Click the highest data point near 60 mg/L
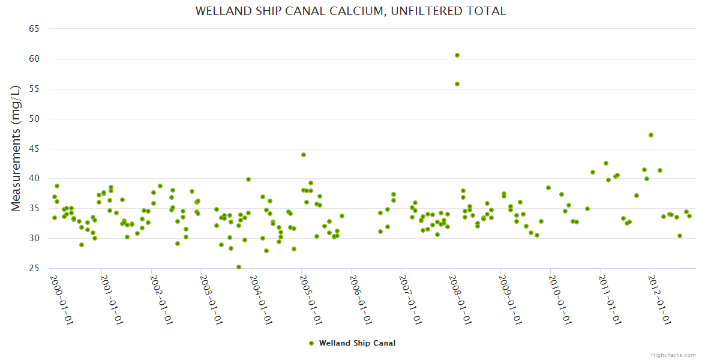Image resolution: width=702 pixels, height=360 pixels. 457,55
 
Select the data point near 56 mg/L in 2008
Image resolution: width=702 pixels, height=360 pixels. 457,84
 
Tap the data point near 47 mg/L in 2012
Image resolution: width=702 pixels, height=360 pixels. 651,135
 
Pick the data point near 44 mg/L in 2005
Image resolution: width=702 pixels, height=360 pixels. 304,155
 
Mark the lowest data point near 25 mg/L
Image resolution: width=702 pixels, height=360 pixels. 239,267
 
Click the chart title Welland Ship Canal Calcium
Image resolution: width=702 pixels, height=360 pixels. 351,11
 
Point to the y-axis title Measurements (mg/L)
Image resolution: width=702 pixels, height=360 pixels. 16,148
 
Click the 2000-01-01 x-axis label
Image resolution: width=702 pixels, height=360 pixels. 61,299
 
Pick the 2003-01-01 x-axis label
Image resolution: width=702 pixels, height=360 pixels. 211,299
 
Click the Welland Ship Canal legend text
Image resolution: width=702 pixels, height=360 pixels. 357,343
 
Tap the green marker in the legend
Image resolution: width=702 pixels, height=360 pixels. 311,343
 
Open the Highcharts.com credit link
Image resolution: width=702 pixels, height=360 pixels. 673,355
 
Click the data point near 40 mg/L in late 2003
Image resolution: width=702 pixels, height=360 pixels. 248,179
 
